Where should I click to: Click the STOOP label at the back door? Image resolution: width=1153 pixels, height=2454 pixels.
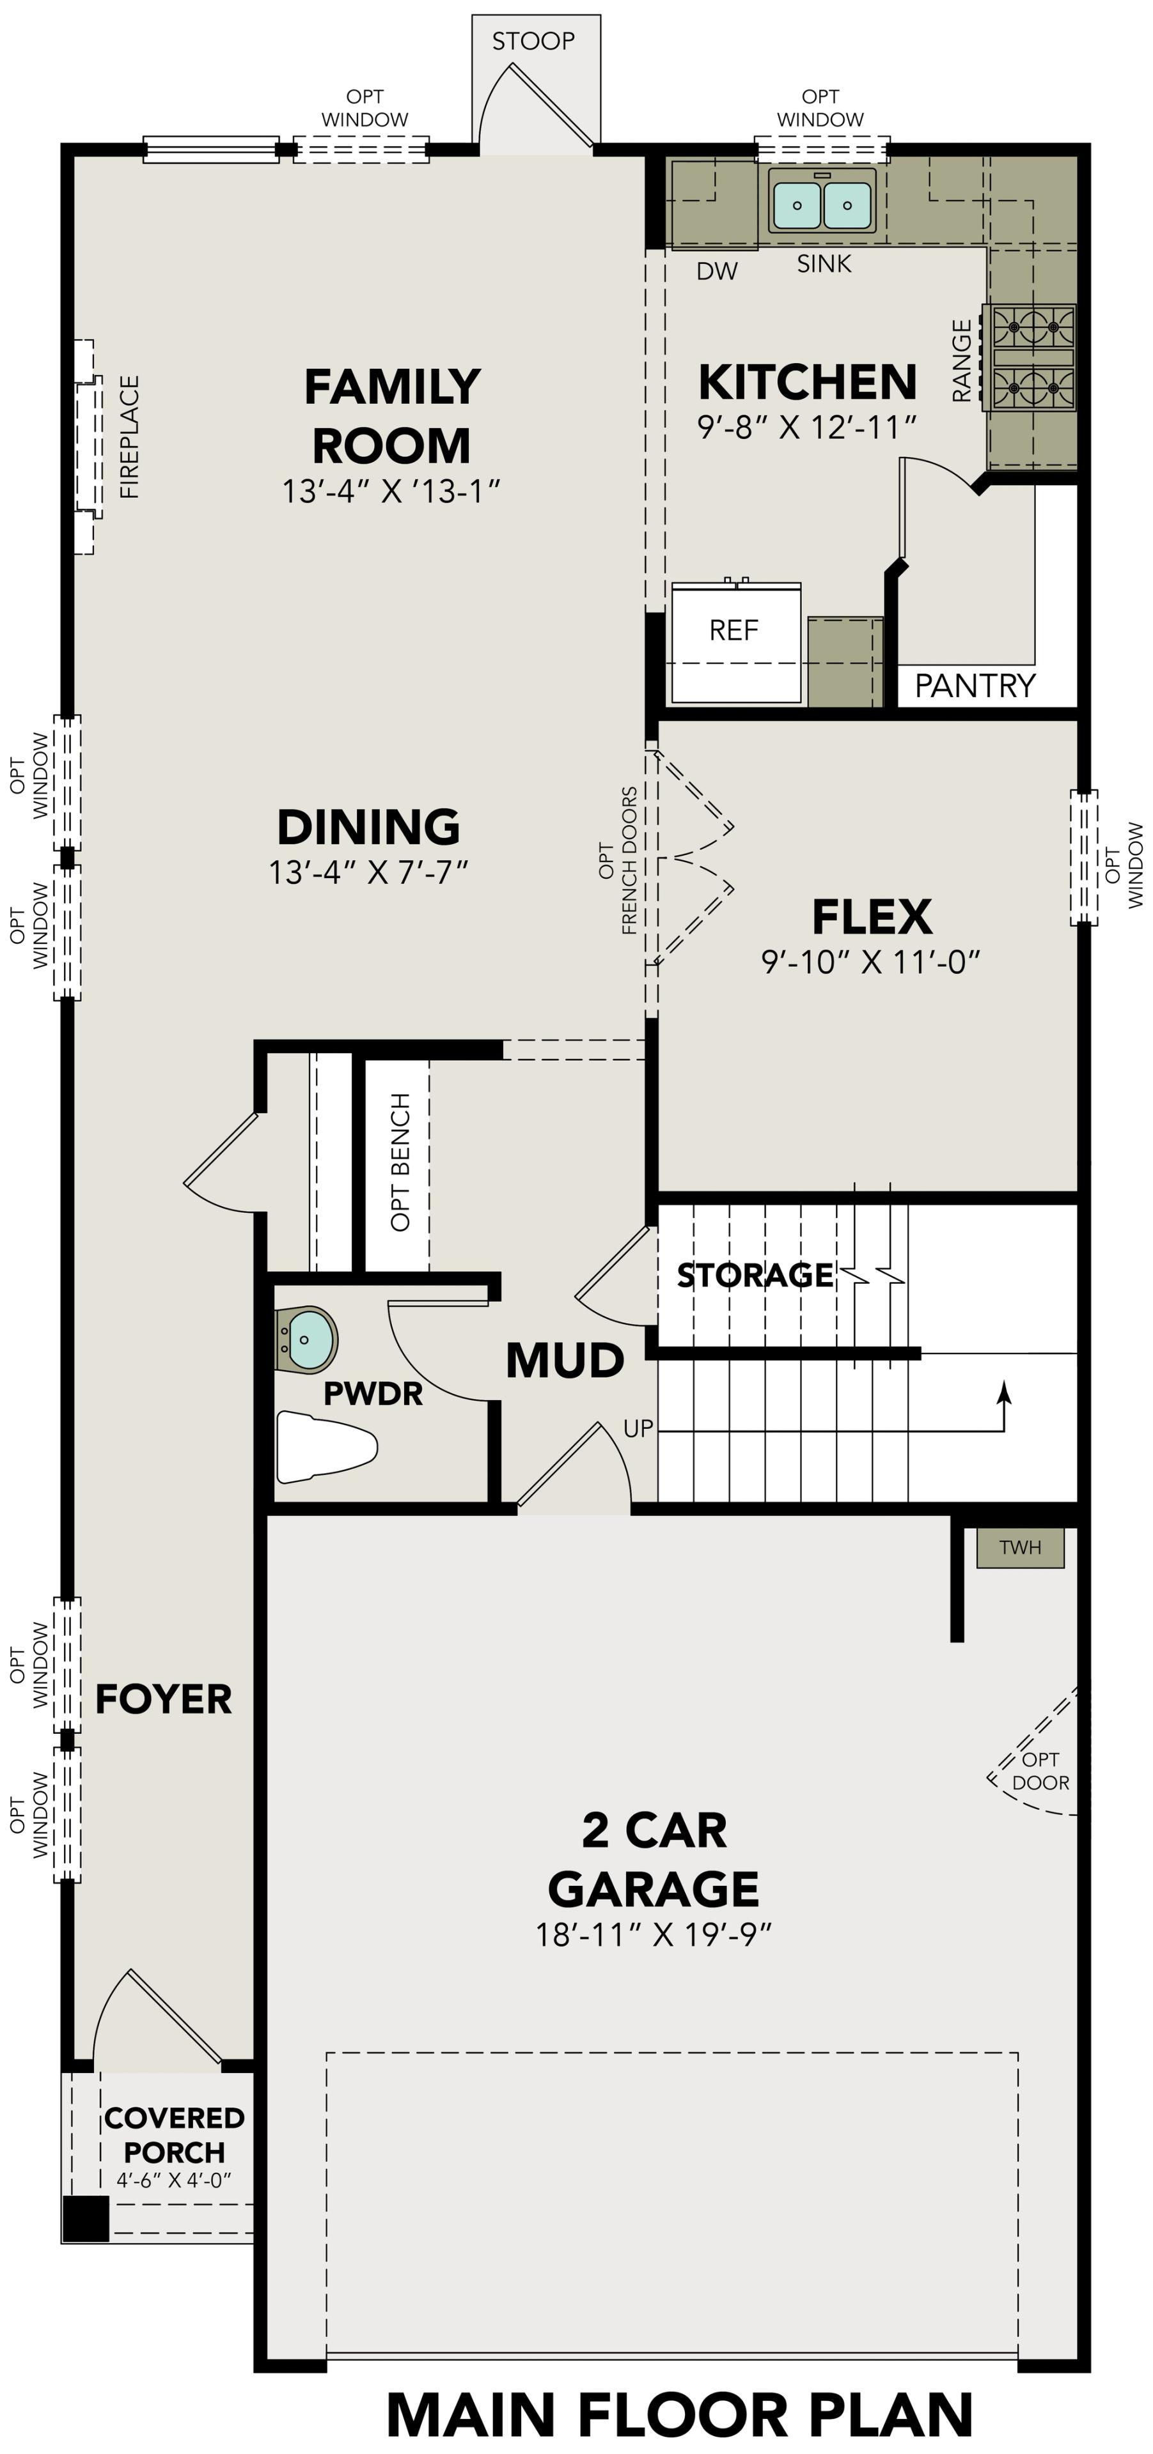click(x=533, y=41)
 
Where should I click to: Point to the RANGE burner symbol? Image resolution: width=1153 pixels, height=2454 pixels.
click(x=1033, y=357)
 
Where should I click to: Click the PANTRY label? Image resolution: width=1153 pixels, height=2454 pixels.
click(x=974, y=686)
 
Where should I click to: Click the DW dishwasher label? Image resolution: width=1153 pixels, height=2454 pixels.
click(x=717, y=272)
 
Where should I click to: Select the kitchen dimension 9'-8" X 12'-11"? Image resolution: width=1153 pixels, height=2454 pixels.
click(x=806, y=428)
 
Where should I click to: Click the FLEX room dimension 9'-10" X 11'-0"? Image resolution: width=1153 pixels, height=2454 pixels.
click(x=870, y=962)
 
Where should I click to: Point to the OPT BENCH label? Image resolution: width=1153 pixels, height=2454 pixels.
click(x=400, y=1162)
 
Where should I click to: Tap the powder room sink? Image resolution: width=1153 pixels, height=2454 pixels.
click(x=308, y=1338)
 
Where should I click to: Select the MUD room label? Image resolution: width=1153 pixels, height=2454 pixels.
click(x=564, y=1361)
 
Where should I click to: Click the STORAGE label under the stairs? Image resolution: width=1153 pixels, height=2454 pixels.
click(x=755, y=1275)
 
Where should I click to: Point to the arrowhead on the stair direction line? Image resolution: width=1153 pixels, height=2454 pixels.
click(x=1003, y=1393)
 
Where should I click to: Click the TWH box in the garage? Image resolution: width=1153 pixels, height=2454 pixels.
click(x=1019, y=1548)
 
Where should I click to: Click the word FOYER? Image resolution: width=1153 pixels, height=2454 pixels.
click(x=163, y=1699)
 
